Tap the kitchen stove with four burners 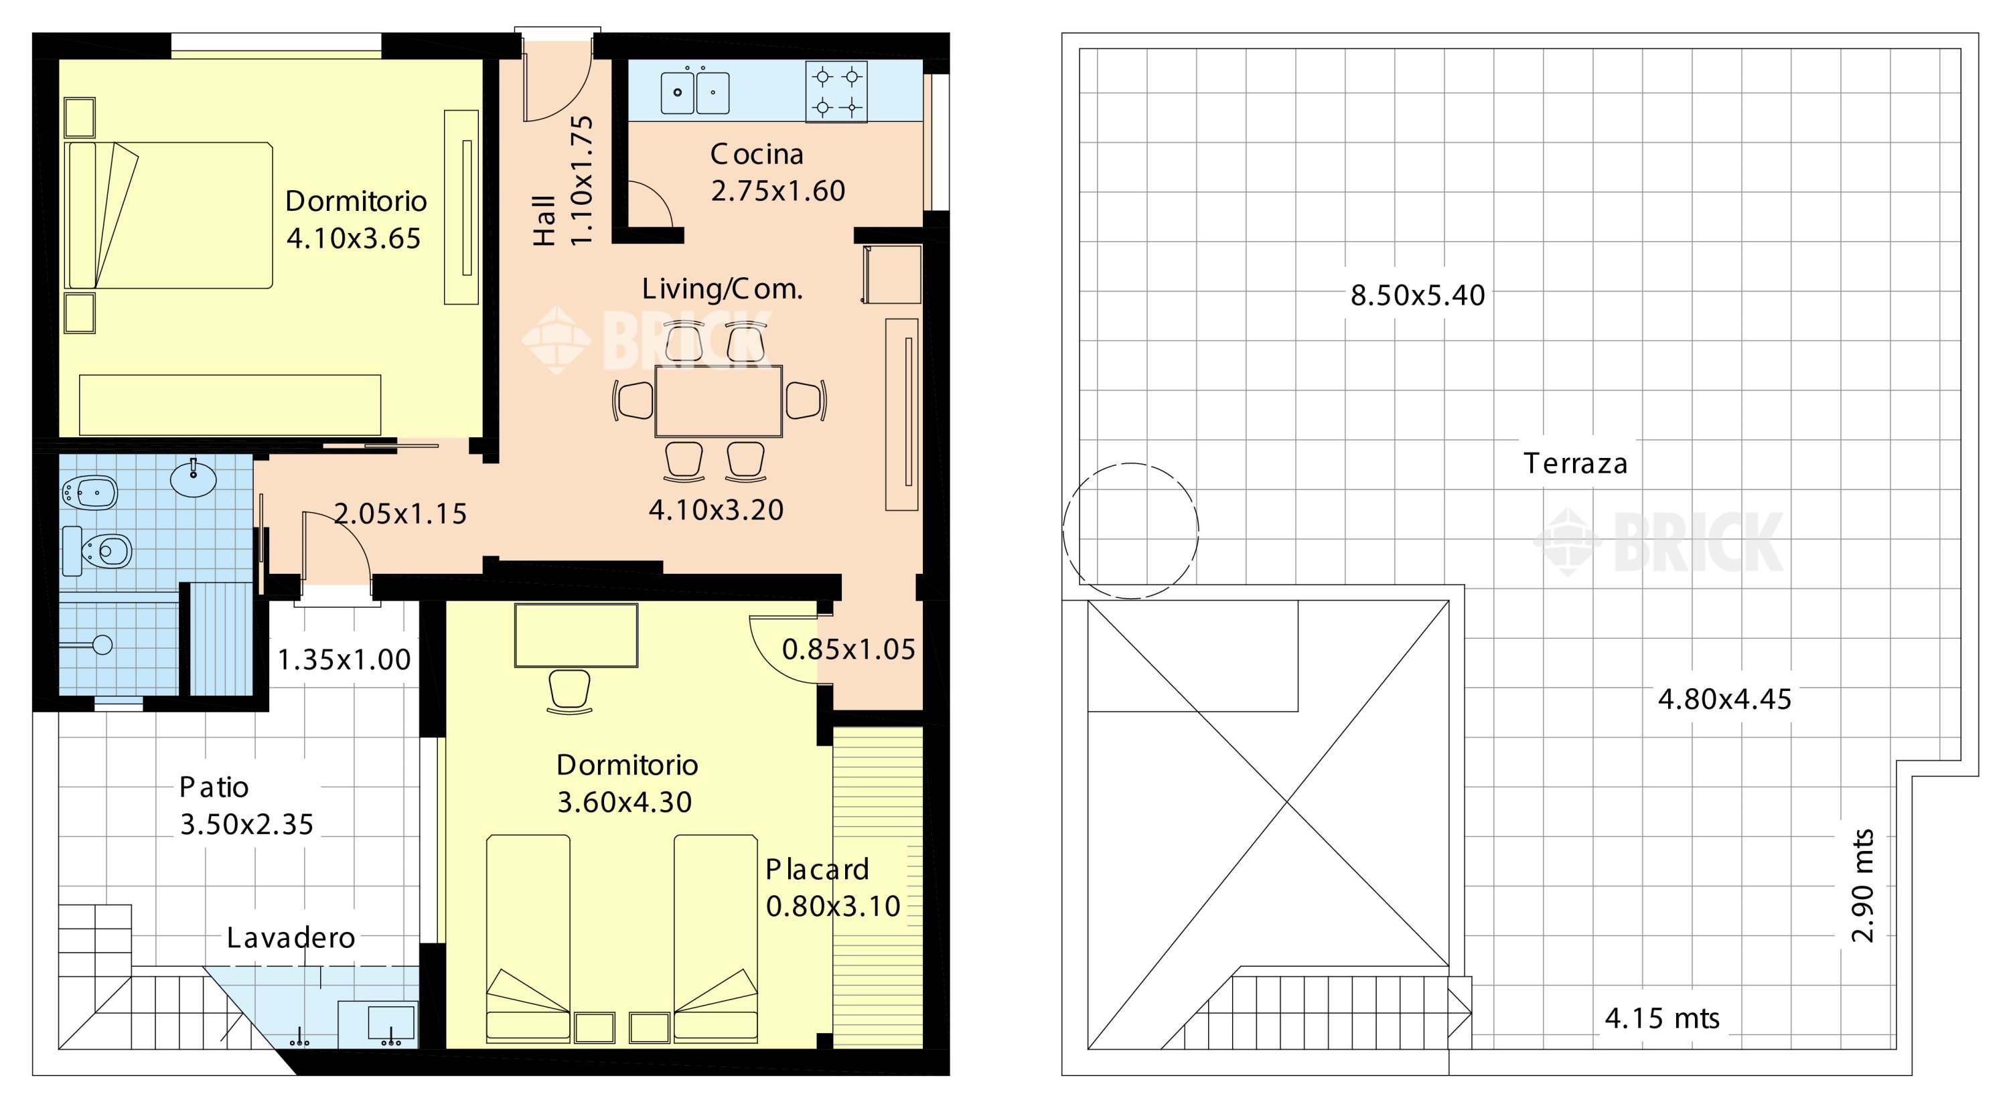tap(836, 92)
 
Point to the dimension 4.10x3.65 tap(354, 238)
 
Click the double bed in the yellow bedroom tap(169, 215)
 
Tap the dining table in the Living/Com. tap(719, 402)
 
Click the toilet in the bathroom tap(98, 551)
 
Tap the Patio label tap(214, 787)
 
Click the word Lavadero tap(291, 937)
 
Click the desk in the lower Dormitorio tap(577, 635)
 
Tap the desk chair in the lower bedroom tap(569, 692)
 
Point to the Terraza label tap(1575, 464)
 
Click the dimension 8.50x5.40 tap(1418, 295)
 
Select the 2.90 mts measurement tap(1862, 885)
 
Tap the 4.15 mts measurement tap(1662, 1018)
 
